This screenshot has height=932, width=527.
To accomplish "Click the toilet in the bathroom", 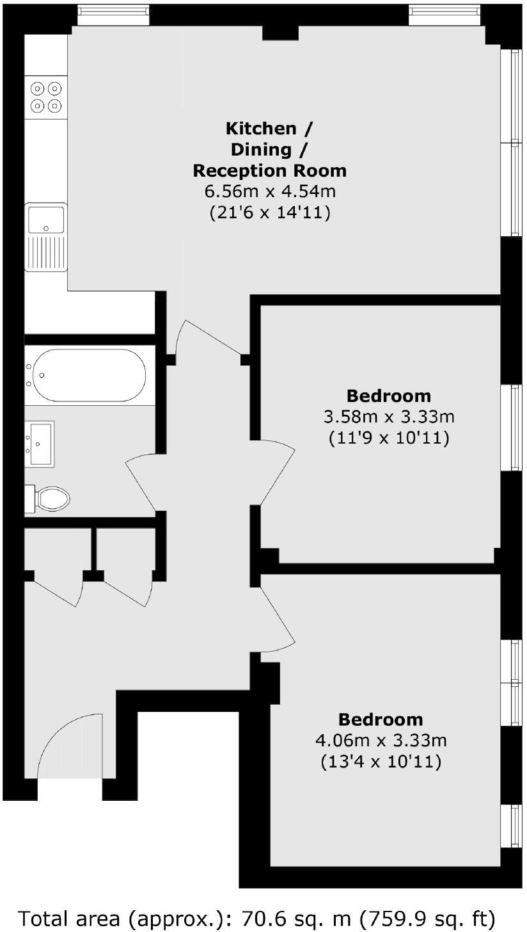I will click(51, 498).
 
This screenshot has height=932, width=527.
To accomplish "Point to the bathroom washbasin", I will click(40, 442).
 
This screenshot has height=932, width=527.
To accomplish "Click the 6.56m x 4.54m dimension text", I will click(270, 191).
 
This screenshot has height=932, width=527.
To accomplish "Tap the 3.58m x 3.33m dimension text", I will click(389, 417).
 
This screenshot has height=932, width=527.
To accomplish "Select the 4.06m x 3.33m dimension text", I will click(381, 741).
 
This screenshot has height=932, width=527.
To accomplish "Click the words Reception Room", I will click(270, 171).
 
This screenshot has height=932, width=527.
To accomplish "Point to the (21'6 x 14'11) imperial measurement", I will click(270, 213).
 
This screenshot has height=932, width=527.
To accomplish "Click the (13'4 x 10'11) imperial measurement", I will click(381, 762).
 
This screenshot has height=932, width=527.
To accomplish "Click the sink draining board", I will click(45, 252).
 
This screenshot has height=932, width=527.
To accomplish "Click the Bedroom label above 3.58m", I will click(389, 396).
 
